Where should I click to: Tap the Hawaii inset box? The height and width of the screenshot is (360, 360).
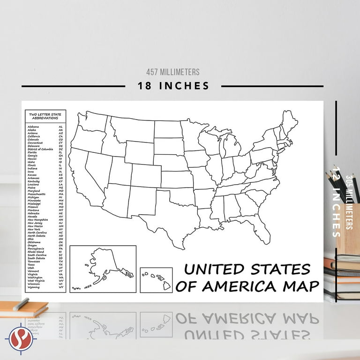tap(156, 280)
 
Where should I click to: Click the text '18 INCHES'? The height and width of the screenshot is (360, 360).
tap(173, 86)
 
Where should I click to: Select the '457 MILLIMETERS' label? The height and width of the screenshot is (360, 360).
tap(173, 72)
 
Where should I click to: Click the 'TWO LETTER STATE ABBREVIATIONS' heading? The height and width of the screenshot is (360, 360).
tap(45, 116)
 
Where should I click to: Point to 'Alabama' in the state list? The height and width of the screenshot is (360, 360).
tap(34, 127)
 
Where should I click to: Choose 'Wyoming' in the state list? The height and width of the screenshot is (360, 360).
tap(34, 287)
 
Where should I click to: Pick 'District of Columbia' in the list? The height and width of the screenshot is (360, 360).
tap(40, 149)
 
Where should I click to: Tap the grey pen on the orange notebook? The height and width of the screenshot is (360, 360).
tap(21, 304)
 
